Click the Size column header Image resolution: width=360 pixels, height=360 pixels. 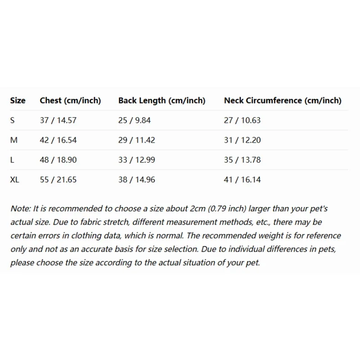pos(18,100)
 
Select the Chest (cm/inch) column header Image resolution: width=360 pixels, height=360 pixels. pos(70,100)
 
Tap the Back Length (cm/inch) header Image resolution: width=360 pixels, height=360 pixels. pos(162,100)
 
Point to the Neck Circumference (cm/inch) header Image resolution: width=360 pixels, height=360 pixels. pos(283,100)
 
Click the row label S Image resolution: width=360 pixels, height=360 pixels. pos(13,120)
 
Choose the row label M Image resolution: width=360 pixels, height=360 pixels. pos(14,140)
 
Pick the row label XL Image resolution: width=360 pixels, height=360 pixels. pos(15,180)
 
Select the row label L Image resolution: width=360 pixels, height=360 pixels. pos(13,160)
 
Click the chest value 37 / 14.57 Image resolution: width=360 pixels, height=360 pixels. pos(58,120)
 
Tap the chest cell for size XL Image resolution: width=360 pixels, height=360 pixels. pos(58,180)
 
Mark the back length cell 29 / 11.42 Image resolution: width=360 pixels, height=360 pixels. pos(136,140)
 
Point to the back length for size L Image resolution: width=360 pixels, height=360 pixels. pos(136,160)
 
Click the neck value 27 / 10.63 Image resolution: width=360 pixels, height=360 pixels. pos(242,120)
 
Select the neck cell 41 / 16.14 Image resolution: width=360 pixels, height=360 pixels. pos(242,180)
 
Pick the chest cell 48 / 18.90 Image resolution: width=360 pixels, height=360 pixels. pos(58,160)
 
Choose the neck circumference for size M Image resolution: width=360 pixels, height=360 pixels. pos(242,140)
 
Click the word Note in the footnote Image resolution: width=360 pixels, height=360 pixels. pos(19,209)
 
